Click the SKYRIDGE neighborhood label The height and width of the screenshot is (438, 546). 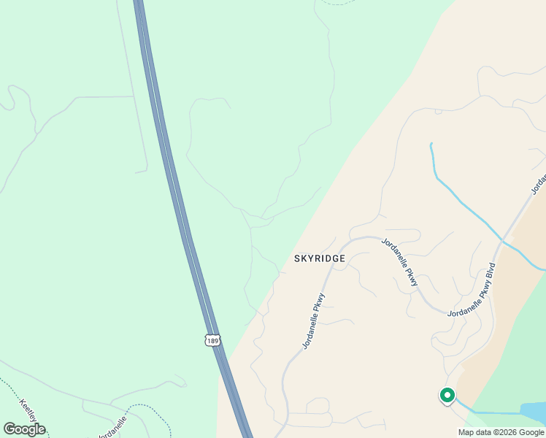[319, 258]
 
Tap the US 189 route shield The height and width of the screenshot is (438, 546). [212, 340]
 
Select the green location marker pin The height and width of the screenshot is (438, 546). [447, 396]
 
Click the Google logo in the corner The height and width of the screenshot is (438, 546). [24, 429]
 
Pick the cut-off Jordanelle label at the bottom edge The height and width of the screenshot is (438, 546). [112, 427]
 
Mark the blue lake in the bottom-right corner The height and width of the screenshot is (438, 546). [532, 412]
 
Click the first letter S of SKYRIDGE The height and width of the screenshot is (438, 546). [297, 258]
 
